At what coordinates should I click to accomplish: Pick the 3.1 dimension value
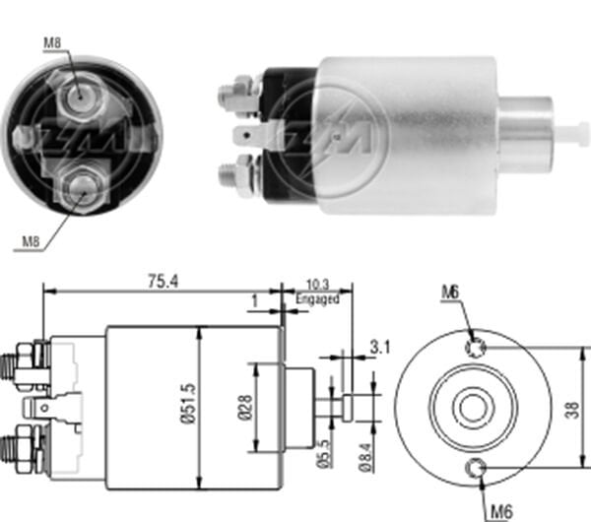coord(378,346)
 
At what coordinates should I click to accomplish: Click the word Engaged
coord(319,297)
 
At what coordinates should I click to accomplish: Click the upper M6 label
coord(450,292)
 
